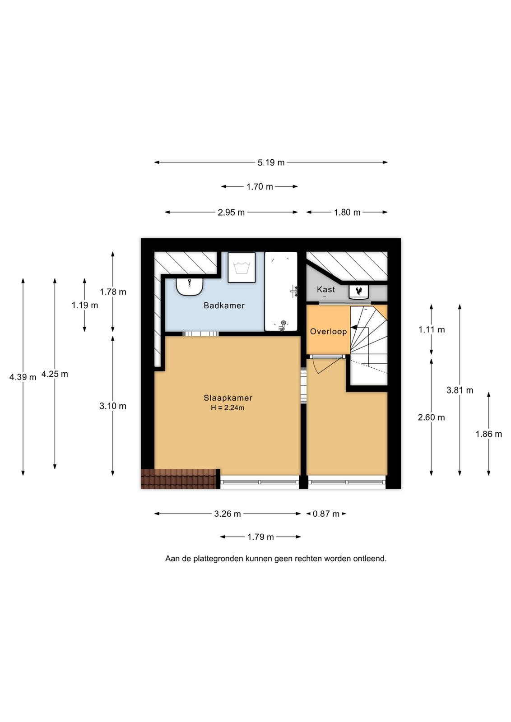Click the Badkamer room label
(224, 305)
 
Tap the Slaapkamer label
(228, 398)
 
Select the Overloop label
(328, 331)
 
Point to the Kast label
(326, 289)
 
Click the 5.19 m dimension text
(271, 163)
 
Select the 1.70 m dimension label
(260, 187)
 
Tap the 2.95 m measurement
(231, 213)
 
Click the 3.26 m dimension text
(228, 514)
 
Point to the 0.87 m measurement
(326, 514)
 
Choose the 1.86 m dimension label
(489, 434)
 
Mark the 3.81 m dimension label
(460, 390)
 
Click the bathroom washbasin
(189, 286)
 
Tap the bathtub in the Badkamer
(281, 292)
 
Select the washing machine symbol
(242, 268)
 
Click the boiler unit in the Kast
(359, 292)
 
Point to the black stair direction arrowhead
(353, 328)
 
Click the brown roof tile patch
(178, 479)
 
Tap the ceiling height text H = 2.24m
(228, 408)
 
